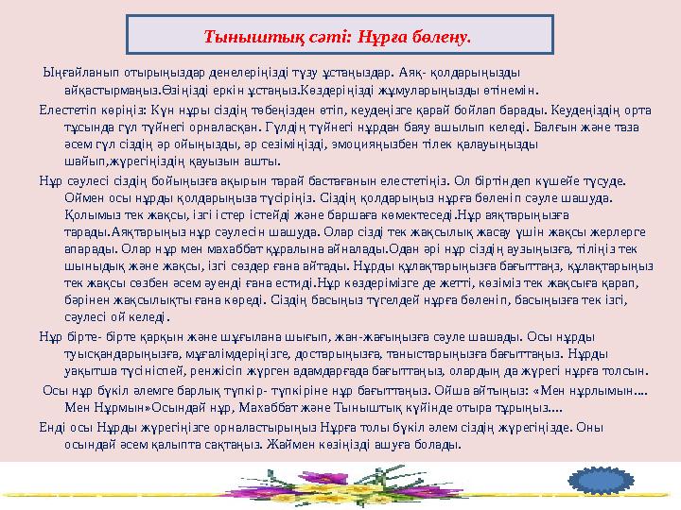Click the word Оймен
click(81, 198)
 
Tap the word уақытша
click(87, 383)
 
